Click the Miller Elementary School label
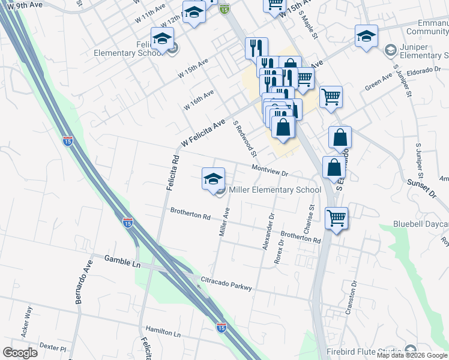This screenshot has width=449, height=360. (275, 190)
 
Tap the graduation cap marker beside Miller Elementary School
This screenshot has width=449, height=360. (213, 179)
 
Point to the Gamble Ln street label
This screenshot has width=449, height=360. (122, 259)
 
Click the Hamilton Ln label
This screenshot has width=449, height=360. (163, 332)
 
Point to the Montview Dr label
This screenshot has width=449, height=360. (270, 171)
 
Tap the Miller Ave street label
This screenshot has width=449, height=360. (224, 221)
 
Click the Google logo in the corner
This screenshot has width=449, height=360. (20, 352)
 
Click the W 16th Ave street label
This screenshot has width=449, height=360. (200, 100)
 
